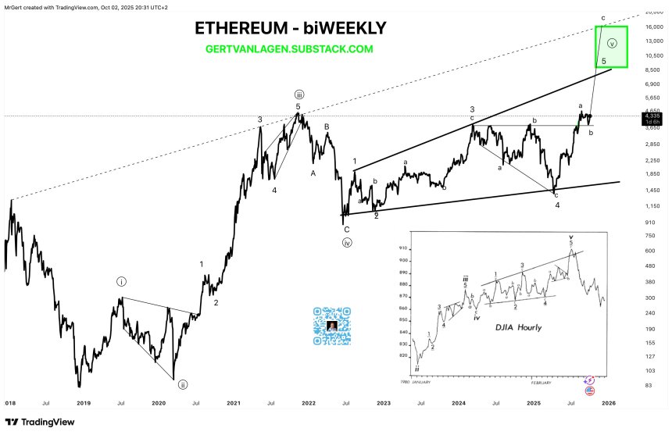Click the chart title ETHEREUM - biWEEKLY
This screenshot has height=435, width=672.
click(x=290, y=29)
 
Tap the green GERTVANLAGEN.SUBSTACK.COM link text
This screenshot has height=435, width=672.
click(x=289, y=48)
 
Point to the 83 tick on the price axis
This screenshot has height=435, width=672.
click(x=648, y=386)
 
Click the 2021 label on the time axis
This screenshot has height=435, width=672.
click(x=233, y=402)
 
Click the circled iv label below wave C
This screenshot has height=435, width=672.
click(x=346, y=242)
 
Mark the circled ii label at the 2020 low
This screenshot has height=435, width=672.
click(x=182, y=384)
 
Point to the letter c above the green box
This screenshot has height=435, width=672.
click(x=602, y=17)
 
